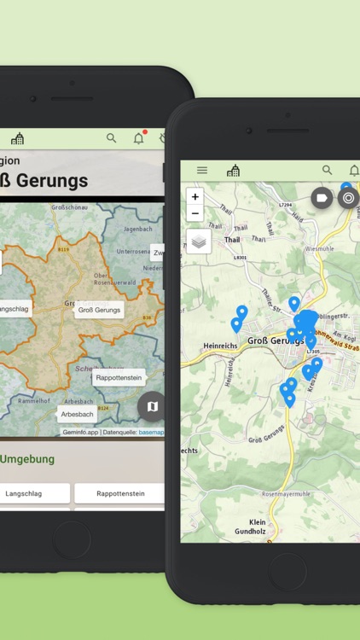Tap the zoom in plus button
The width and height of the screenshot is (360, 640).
[x=195, y=197]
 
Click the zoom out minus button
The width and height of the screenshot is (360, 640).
[x=195, y=213]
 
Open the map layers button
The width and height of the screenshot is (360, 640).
[x=199, y=241]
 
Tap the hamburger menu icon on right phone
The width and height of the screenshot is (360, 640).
[x=202, y=171]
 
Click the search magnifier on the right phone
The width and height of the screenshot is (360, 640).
[x=327, y=171]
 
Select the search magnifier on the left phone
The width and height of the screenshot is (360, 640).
[x=111, y=137]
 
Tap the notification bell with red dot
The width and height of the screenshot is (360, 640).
[x=138, y=137]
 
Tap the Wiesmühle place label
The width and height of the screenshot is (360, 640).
[x=319, y=249]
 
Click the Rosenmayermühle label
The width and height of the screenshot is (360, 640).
[x=286, y=494]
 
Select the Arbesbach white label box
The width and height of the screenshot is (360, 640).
[x=77, y=415]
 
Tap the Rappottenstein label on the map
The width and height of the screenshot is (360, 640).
[x=118, y=377]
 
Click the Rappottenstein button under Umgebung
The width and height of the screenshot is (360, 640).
[x=119, y=493]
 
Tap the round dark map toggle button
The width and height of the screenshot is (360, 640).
[x=152, y=406]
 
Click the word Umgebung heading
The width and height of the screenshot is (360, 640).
[x=27, y=459]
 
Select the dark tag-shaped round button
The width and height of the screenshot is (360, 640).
[x=322, y=198]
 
